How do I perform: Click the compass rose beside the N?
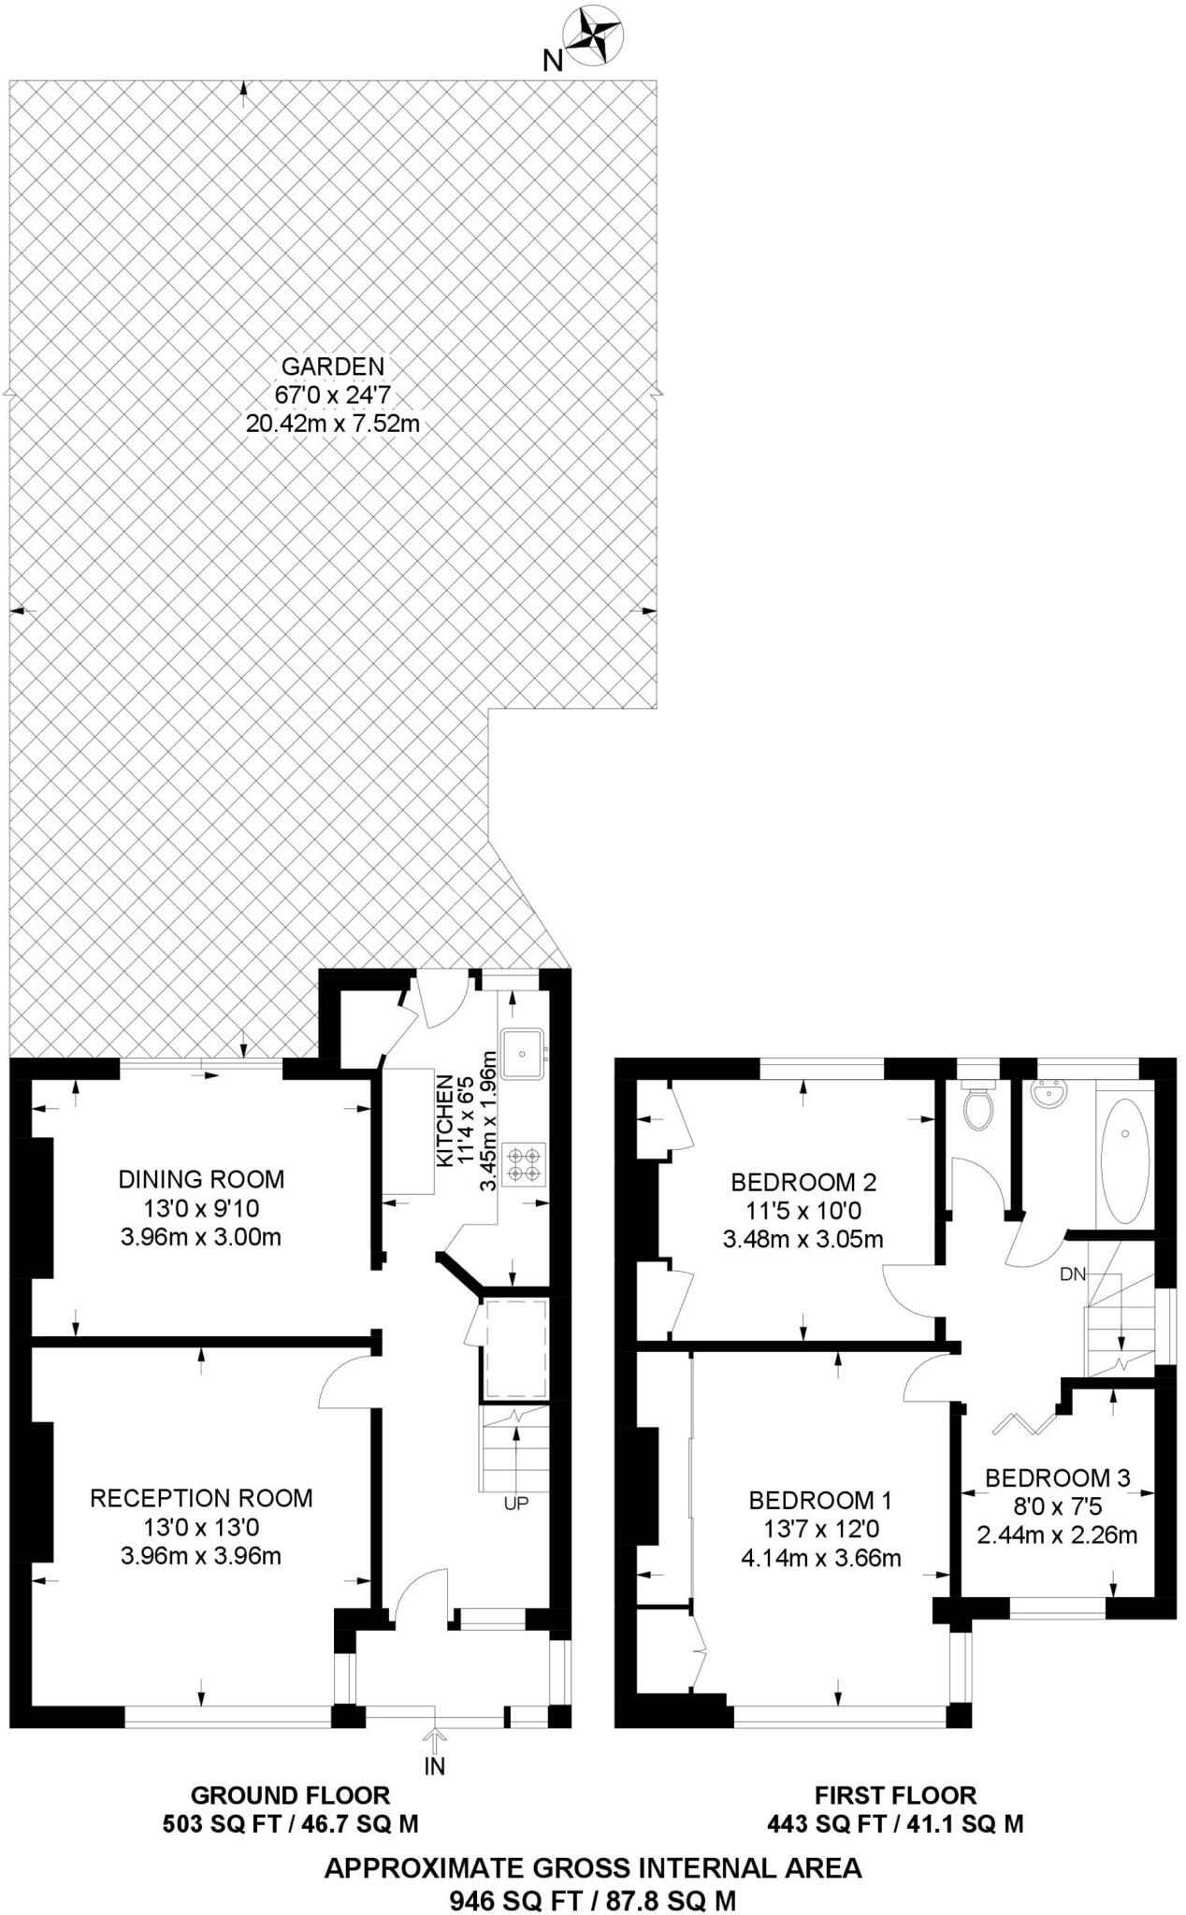pyautogui.click(x=597, y=36)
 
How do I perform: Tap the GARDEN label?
pyautogui.click(x=333, y=366)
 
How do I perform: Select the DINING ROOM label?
pyautogui.click(x=201, y=1179)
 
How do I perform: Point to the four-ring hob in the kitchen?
pyautogui.click(x=524, y=1164)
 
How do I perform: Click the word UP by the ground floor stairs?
pyautogui.click(x=516, y=1504)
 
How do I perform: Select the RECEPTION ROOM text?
pyautogui.click(x=201, y=1498)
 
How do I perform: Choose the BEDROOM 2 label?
pyautogui.click(x=803, y=1182)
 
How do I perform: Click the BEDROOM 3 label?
pyautogui.click(x=1058, y=1477)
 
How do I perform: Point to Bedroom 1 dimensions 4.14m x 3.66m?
pyautogui.click(x=820, y=1558)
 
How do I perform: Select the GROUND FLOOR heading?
pyautogui.click(x=290, y=1794)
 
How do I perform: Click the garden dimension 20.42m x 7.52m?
pyautogui.click(x=333, y=424)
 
